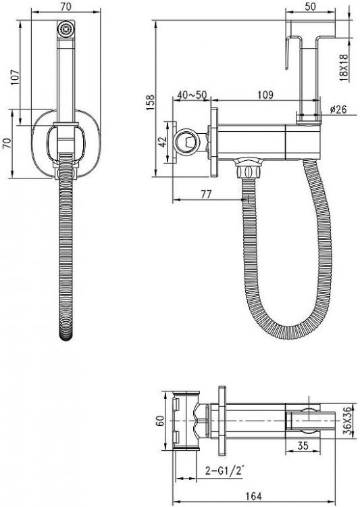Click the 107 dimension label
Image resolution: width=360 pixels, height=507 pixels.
tap(15, 77)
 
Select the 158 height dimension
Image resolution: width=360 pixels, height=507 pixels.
tap(150, 103)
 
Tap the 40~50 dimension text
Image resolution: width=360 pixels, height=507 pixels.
tap(192, 95)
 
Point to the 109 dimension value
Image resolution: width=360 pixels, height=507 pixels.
tap(265, 95)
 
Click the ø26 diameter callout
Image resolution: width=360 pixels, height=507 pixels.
tap(338, 110)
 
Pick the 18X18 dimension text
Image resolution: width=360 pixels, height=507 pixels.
tap(344, 67)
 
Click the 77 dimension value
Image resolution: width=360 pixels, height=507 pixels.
tap(206, 194)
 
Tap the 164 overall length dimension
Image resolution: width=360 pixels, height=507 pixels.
tap(253, 496)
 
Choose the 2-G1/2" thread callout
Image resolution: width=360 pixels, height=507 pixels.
tap(224, 470)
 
